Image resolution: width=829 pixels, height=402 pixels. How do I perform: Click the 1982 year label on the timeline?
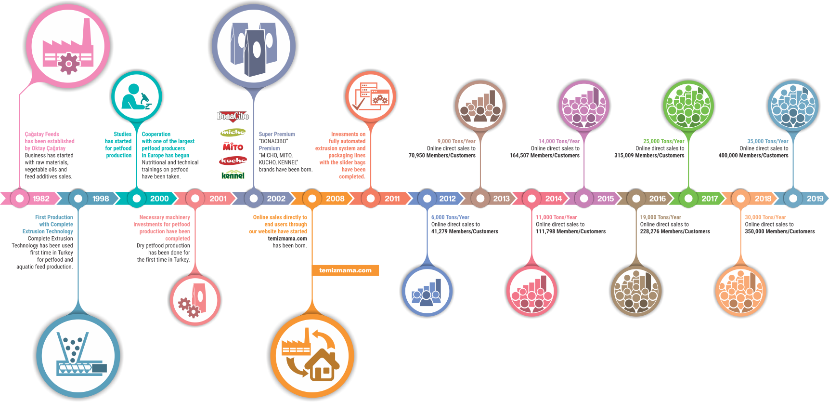click(41, 199)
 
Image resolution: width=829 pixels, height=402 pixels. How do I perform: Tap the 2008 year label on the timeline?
click(335, 199)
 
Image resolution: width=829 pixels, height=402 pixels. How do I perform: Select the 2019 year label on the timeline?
click(815, 199)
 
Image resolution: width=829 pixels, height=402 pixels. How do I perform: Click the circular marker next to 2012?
click(427, 198)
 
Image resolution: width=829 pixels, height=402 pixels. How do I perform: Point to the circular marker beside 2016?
click(636, 198)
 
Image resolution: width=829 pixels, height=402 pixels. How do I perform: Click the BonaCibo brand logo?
click(233, 116)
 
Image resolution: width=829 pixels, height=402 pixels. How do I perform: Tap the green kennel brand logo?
click(233, 175)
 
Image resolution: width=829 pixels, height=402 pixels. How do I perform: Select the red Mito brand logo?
click(233, 146)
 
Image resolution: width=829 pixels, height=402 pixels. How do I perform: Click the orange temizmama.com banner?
click(345, 270)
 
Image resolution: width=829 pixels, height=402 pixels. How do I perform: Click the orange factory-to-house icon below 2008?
click(313, 354)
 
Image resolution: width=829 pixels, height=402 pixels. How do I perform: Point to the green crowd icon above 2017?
click(688, 106)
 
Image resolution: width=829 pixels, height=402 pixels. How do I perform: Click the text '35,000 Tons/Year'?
click(767, 141)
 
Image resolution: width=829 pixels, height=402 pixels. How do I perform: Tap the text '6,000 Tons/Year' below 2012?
click(450, 217)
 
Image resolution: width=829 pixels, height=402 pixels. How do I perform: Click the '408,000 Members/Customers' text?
click(753, 155)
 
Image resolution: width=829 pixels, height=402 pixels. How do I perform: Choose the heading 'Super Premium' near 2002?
click(277, 134)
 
